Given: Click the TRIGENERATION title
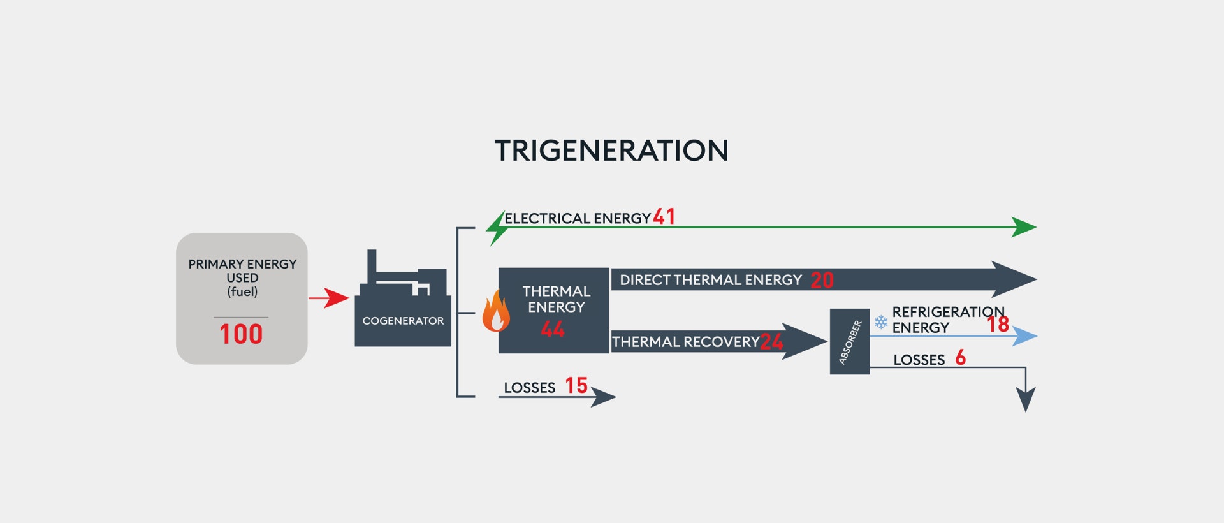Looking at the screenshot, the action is click(x=611, y=151).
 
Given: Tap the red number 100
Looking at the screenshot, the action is click(x=241, y=334).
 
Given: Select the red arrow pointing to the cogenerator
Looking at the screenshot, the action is click(x=329, y=298).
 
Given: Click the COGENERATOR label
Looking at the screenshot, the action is click(x=403, y=321).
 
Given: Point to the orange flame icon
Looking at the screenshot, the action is click(x=496, y=311).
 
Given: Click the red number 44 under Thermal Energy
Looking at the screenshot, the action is click(x=553, y=329).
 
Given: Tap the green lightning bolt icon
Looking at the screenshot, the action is click(x=497, y=228).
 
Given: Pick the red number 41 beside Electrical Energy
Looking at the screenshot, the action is click(x=664, y=217).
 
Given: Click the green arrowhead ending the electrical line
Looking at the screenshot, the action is click(x=1024, y=227).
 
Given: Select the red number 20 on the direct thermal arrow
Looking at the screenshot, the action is click(x=822, y=280).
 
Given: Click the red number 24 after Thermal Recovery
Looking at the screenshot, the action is click(x=771, y=342).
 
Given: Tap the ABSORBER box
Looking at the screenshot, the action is click(x=850, y=341).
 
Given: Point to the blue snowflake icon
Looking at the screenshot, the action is click(x=881, y=322).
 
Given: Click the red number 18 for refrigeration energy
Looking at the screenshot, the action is click(x=998, y=325).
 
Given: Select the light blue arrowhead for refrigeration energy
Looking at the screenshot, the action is click(x=1024, y=336).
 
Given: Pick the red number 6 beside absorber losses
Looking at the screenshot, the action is click(x=961, y=357).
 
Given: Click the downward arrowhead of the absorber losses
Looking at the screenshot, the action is click(x=1025, y=399).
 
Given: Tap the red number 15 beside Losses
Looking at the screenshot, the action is click(x=576, y=385).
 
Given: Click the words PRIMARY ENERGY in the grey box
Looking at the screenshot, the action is click(x=242, y=264).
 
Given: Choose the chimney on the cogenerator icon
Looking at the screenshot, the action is click(x=372, y=265).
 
